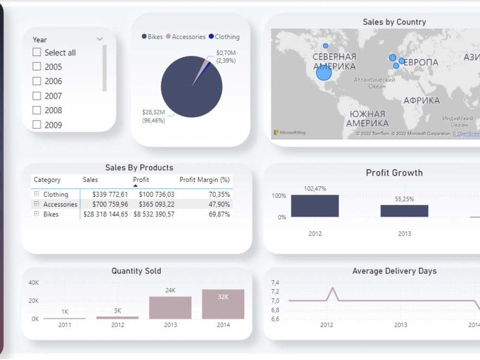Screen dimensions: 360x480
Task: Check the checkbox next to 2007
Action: (36, 96)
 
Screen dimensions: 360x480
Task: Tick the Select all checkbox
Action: (36, 52)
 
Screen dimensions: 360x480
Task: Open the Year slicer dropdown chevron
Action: (100, 39)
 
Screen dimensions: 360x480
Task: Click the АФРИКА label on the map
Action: (421, 100)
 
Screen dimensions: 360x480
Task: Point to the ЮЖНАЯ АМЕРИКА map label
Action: (367, 119)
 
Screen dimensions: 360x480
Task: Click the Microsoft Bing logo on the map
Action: (289, 132)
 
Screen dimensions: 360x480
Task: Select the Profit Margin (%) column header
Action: (204, 180)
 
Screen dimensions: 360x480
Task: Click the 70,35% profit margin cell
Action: (219, 194)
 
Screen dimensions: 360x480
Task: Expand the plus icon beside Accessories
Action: (36, 204)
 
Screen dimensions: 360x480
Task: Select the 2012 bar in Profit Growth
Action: (315, 206)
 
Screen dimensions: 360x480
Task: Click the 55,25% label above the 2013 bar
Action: (404, 199)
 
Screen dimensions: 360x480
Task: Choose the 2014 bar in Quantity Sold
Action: (223, 304)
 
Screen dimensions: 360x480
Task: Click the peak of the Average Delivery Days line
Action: (332, 288)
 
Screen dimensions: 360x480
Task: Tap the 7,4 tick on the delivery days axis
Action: (275, 282)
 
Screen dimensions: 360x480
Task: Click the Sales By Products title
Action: (139, 168)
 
